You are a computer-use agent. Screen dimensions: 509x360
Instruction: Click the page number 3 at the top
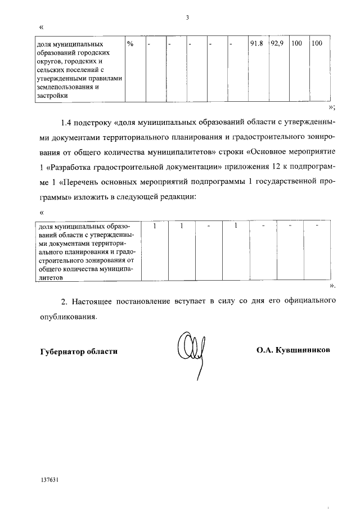[187, 17]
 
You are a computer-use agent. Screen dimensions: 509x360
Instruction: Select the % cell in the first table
[130, 44]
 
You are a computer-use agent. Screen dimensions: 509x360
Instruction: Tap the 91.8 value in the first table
[256, 44]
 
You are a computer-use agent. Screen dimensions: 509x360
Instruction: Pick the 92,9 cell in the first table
[277, 44]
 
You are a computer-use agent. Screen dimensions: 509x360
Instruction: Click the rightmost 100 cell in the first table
[317, 44]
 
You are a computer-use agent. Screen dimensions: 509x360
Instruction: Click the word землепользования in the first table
[64, 87]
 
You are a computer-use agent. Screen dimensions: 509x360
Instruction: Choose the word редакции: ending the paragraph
[176, 197]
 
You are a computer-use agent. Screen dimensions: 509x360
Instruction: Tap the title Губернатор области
[79, 352]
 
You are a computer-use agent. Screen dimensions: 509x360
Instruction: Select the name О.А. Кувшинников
[293, 349]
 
